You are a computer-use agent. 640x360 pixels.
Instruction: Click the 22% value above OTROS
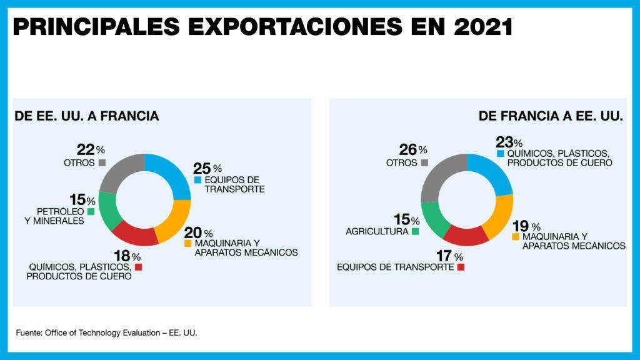pos(86,150)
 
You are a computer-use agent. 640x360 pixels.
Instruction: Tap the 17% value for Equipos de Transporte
pos(445,256)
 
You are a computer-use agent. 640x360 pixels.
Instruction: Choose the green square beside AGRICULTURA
pos(416,232)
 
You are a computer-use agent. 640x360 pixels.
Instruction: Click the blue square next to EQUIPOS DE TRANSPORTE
pos(197,180)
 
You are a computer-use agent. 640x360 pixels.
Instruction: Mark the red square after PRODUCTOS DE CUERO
pos(139,267)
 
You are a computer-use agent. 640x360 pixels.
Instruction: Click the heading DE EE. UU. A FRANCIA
pos(87,116)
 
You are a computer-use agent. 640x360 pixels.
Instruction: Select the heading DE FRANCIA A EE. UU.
pos(550,116)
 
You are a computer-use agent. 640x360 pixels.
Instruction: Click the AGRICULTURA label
pos(377,232)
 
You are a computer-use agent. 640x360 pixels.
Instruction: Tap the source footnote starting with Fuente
pos(106,332)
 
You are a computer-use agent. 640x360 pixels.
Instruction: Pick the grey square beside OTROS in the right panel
pos(424,162)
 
